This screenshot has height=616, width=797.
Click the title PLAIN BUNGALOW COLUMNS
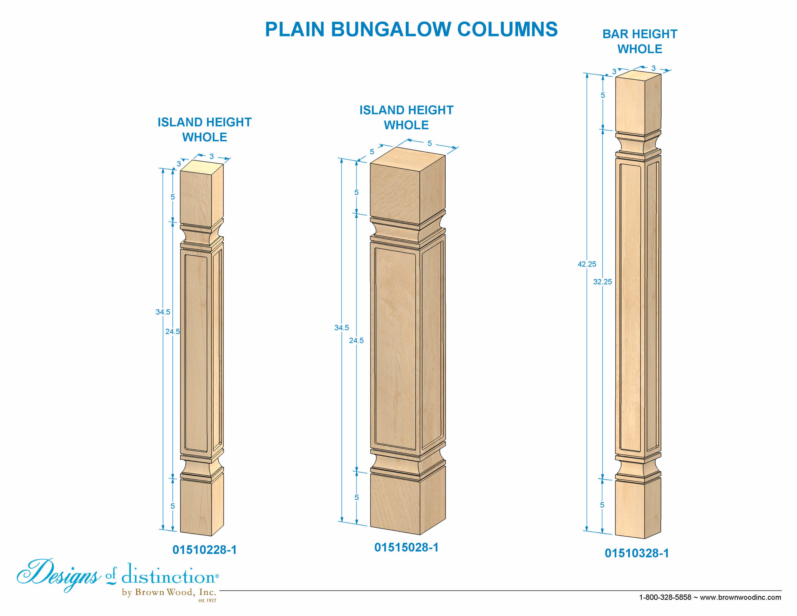click(411, 29)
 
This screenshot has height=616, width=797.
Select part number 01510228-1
click(204, 550)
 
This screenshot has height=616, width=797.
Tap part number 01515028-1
click(406, 547)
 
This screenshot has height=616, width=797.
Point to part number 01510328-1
click(637, 553)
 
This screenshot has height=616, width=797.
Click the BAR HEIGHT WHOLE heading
click(640, 41)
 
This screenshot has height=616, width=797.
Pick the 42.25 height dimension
click(587, 264)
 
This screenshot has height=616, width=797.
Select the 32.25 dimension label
click(602, 282)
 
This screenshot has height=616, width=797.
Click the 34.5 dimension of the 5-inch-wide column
click(342, 328)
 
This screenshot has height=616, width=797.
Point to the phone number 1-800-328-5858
click(665, 597)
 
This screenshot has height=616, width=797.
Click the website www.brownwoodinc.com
click(740, 597)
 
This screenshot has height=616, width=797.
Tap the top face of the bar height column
click(638, 74)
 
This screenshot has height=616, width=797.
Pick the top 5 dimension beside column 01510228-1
click(172, 197)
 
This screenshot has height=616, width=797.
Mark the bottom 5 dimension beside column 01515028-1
click(356, 497)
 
